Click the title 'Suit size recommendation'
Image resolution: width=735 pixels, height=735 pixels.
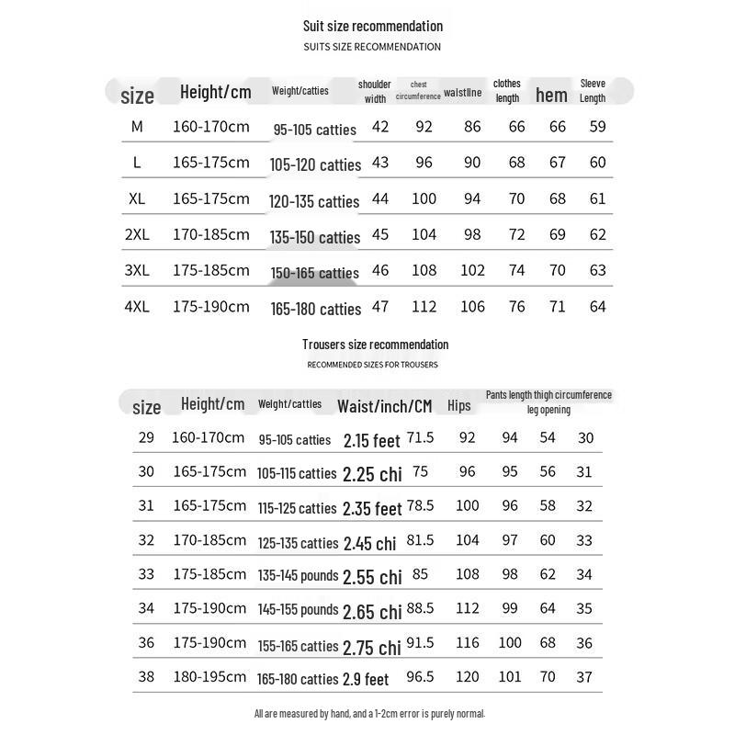[373, 26]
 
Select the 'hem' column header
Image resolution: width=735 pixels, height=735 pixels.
[551, 95]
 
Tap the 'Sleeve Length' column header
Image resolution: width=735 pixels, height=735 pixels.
[593, 90]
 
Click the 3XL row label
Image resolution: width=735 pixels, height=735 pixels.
[137, 270]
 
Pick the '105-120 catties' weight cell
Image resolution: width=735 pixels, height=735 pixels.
[315, 165]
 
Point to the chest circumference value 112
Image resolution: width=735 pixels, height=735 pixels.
[424, 307]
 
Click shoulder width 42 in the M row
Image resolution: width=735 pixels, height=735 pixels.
[380, 127]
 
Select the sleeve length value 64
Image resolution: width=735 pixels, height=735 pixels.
[598, 307]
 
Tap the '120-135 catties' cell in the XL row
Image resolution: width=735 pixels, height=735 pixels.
[313, 201]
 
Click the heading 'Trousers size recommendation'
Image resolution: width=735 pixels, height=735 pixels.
[376, 345]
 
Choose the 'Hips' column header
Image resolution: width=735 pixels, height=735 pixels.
[458, 405]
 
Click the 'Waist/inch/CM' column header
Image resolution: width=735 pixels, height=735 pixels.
[385, 405]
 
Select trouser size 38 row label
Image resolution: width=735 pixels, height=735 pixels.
[147, 677]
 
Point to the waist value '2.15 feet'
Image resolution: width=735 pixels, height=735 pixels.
[372, 441]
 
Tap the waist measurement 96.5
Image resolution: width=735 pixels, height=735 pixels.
[420, 677]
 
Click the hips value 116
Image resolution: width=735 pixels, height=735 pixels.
[468, 643]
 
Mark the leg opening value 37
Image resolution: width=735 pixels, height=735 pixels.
[584, 677]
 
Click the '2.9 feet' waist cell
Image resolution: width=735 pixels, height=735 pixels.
[366, 680]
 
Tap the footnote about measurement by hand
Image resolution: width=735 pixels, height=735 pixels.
[369, 713]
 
